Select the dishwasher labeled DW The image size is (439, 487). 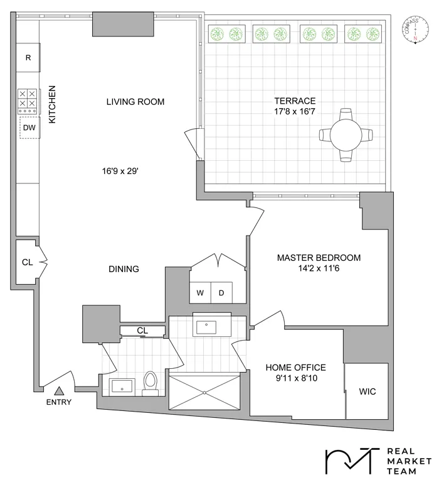click(x=29, y=128)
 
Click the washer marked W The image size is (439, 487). click(x=201, y=292)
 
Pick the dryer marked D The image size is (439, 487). click(x=221, y=292)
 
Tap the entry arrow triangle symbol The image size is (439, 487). click(x=59, y=391)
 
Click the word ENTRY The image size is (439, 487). click(x=59, y=403)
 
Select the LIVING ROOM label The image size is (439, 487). click(x=135, y=102)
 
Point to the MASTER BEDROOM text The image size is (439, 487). click(x=319, y=258)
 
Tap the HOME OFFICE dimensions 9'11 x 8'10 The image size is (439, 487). click(x=295, y=379)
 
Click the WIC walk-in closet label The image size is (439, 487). click(x=368, y=391)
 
